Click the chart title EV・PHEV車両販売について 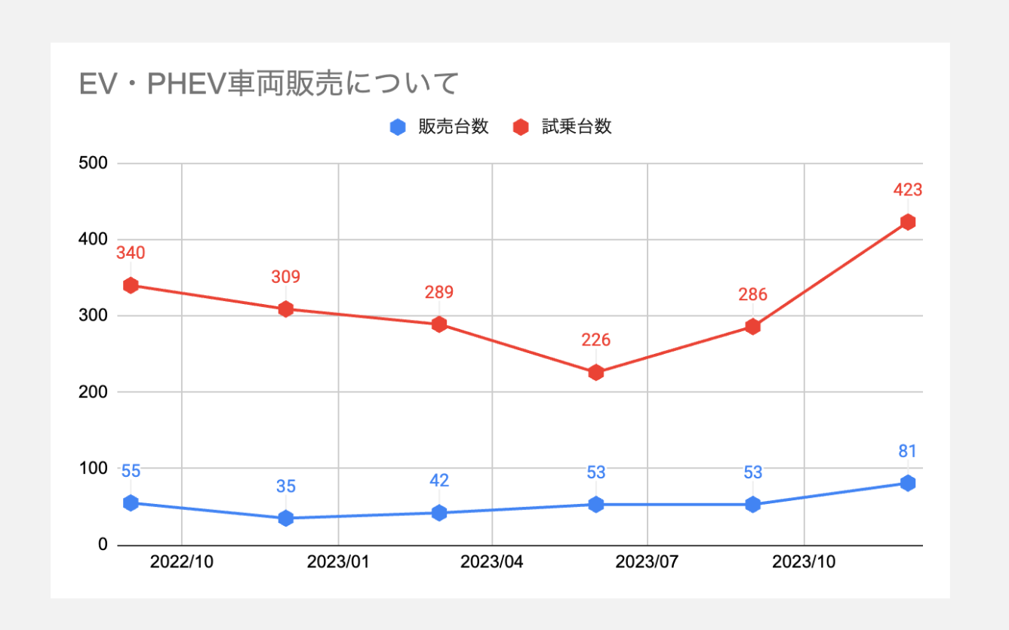pyautogui.click(x=269, y=85)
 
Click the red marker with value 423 pyautogui.click(x=908, y=222)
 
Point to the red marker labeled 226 pyautogui.click(x=595, y=373)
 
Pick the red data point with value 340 pyautogui.click(x=131, y=285)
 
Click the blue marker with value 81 pyautogui.click(x=908, y=483)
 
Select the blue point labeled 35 pyautogui.click(x=285, y=518)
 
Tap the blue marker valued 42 pyautogui.click(x=439, y=513)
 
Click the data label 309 pyautogui.click(x=285, y=277)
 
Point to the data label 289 pyautogui.click(x=439, y=292)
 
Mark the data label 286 pyautogui.click(x=752, y=294)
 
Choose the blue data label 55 pyautogui.click(x=131, y=472)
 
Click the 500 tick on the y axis pyautogui.click(x=93, y=164)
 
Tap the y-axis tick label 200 pyautogui.click(x=93, y=392)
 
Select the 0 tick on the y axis pyautogui.click(x=103, y=545)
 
